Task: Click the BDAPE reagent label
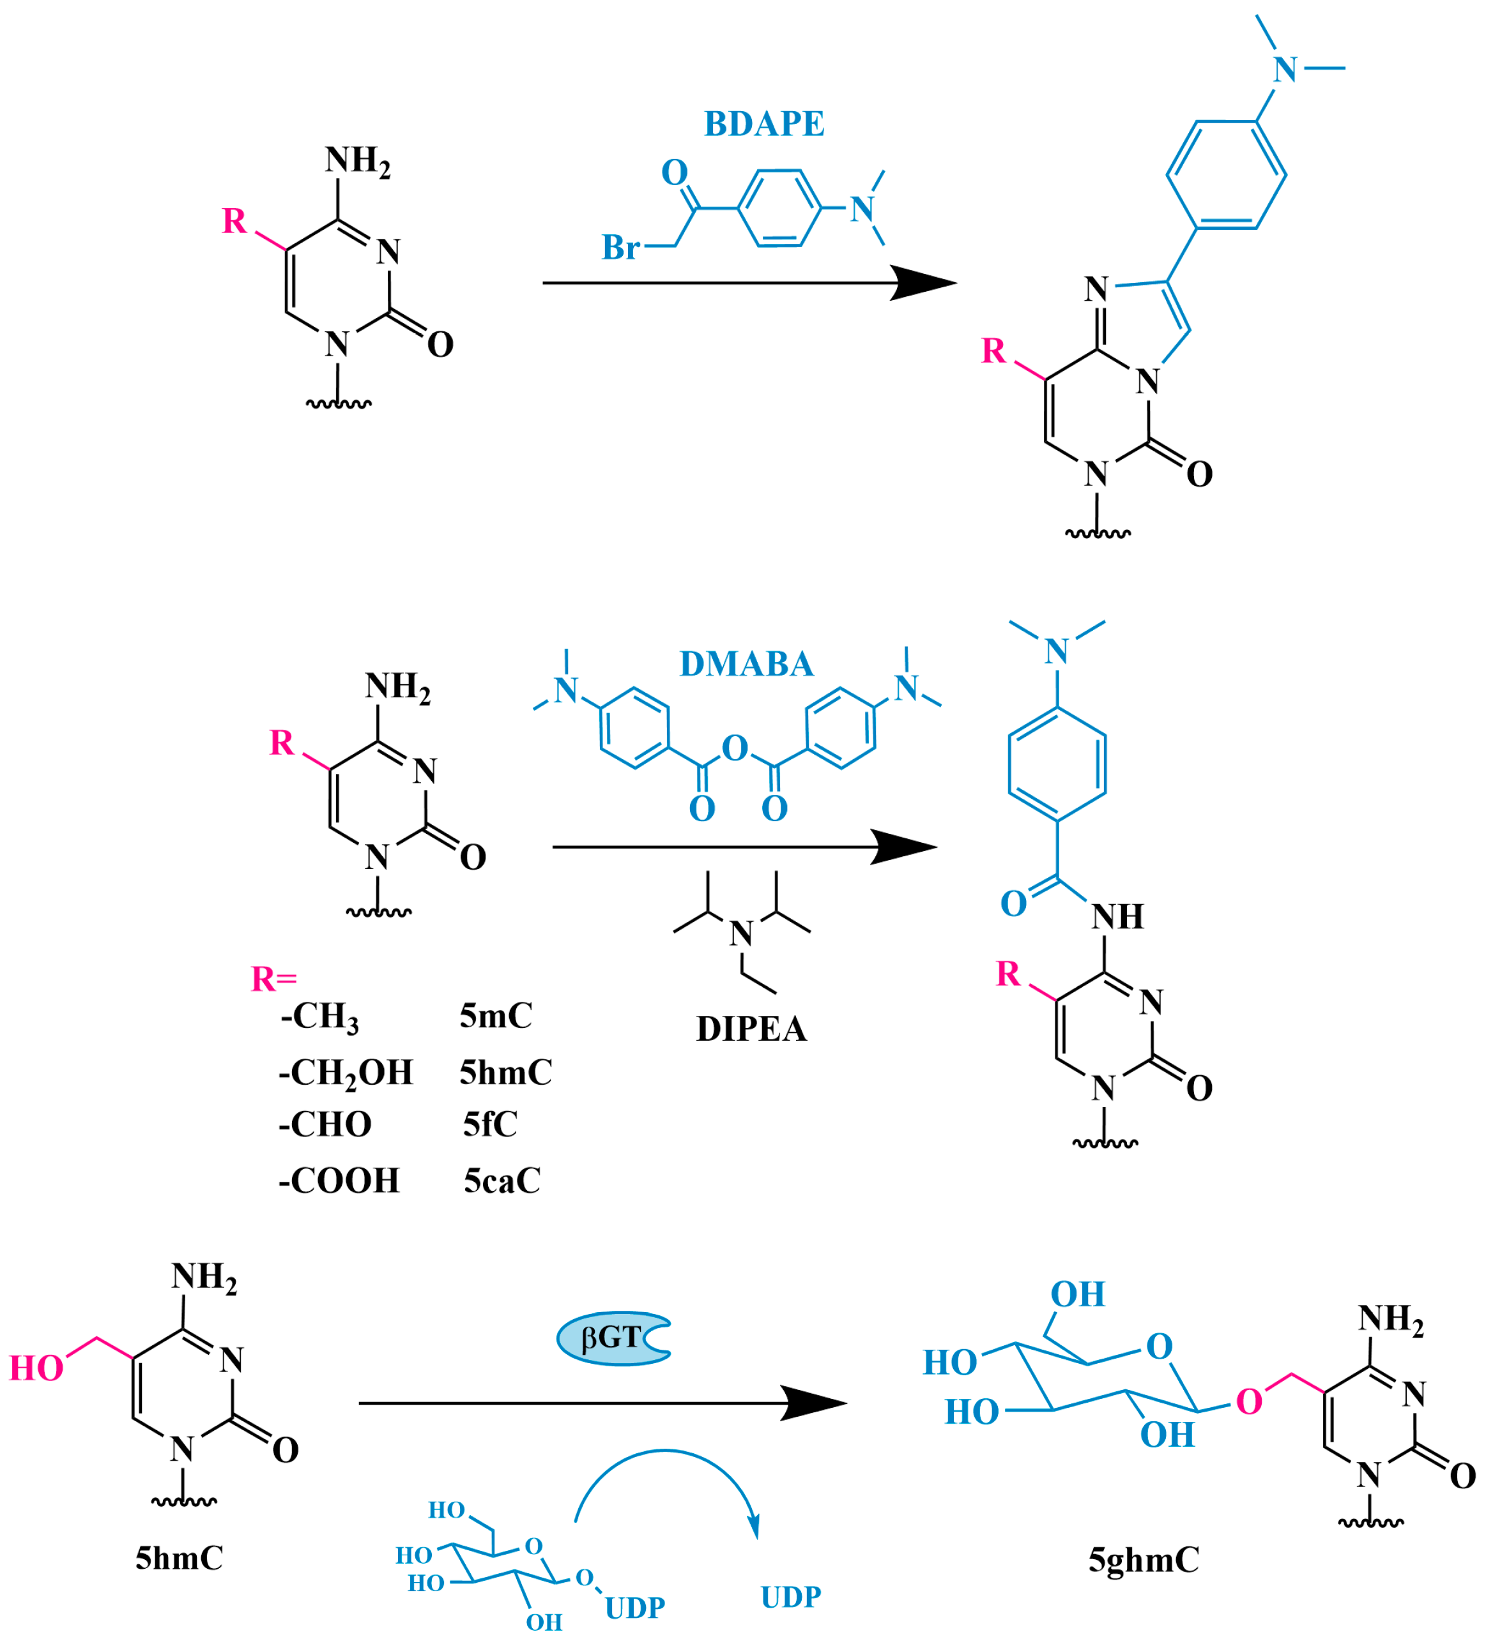coord(764,124)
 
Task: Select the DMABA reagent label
coord(746,664)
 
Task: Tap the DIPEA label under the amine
coord(751,1029)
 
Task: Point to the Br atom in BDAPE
coord(620,247)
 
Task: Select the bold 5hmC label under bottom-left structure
coord(179,1559)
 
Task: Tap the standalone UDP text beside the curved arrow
coord(790,1597)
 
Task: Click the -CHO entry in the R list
coord(325,1124)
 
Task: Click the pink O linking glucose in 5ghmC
coord(1249,1402)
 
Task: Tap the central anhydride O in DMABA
coord(735,748)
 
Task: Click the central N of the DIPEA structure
coord(741,933)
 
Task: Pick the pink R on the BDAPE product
coord(993,351)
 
